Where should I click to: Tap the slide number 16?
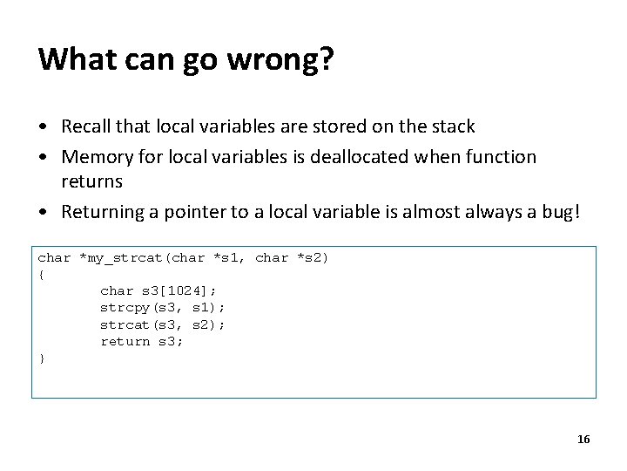(x=583, y=439)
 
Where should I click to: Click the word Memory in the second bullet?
(x=97, y=157)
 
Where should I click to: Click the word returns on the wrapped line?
(x=91, y=181)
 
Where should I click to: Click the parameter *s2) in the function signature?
(x=313, y=258)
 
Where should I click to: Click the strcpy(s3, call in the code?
(x=139, y=308)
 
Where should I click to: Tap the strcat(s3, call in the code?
(x=139, y=324)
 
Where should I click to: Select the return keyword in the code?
(x=125, y=341)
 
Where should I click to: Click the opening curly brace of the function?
(x=41, y=275)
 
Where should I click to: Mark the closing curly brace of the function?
(x=41, y=358)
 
